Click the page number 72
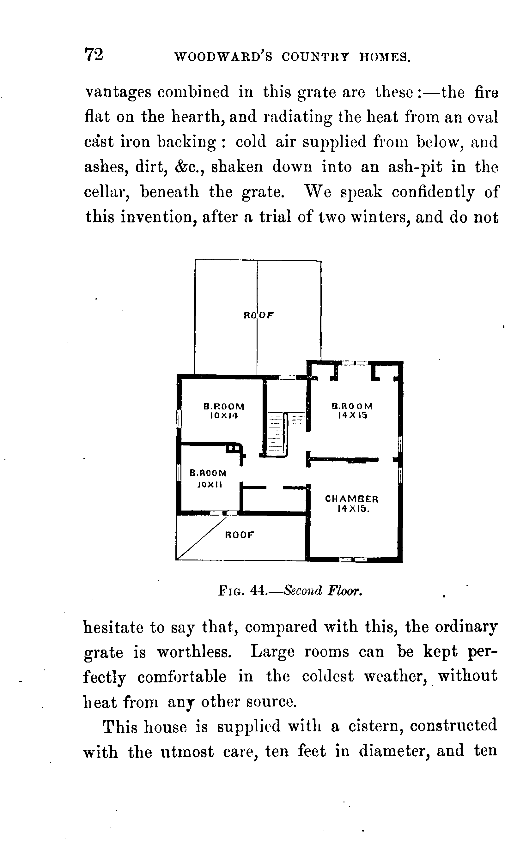coord(94,55)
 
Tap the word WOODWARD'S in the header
coord(223,57)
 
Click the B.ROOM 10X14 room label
coord(224,411)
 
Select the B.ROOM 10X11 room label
coord(208,478)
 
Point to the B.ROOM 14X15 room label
coord(352,410)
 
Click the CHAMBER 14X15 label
coord(352,503)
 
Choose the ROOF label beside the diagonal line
coord(240,535)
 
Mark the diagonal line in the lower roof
coord(202,538)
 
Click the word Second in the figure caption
coord(303,590)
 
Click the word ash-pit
coord(415,167)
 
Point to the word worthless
coord(194,652)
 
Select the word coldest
coord(328,677)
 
